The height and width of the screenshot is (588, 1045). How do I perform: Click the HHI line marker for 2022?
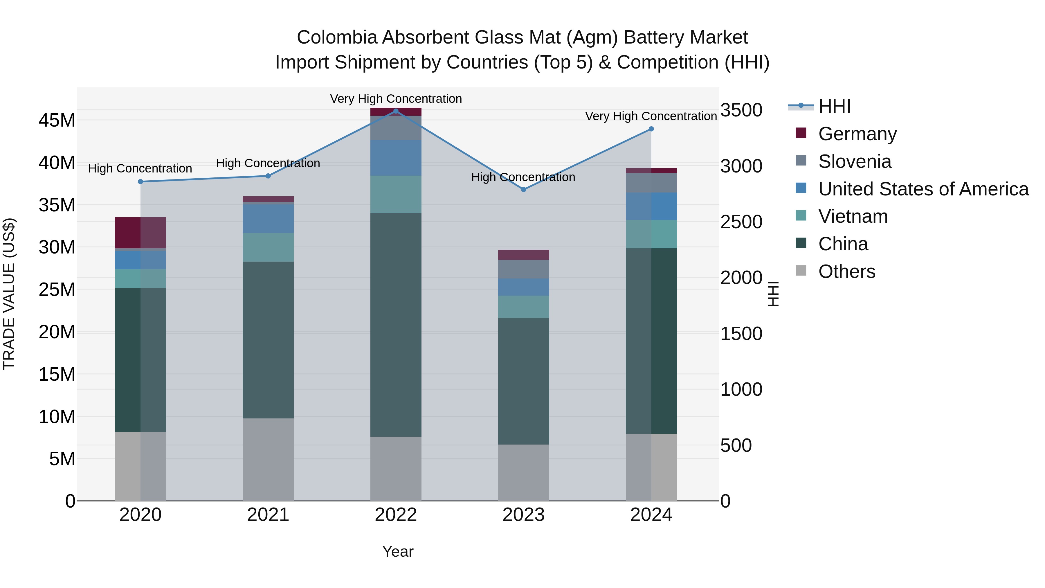coord(396,111)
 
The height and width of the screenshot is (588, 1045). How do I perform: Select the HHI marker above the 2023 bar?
coord(523,190)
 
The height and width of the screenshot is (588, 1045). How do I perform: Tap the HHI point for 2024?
coord(651,129)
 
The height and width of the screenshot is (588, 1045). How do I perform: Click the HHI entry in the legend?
coord(834,106)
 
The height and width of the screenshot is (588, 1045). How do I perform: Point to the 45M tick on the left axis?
coord(57,121)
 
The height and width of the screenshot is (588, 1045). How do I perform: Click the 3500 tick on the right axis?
coord(741,110)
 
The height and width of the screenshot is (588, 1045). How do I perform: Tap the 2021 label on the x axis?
coord(268,515)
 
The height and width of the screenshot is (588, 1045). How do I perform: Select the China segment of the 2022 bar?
coord(396,325)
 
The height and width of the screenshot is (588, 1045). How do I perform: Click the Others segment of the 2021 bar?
coord(268,459)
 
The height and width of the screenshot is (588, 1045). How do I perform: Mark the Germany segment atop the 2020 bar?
coord(140,233)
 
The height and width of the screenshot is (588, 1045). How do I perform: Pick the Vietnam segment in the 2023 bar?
coord(523,307)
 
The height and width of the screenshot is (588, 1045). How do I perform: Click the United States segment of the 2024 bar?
coord(651,206)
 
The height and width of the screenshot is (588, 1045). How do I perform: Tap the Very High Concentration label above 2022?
coord(396,99)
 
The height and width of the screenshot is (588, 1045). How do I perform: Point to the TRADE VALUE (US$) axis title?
coord(9,294)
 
